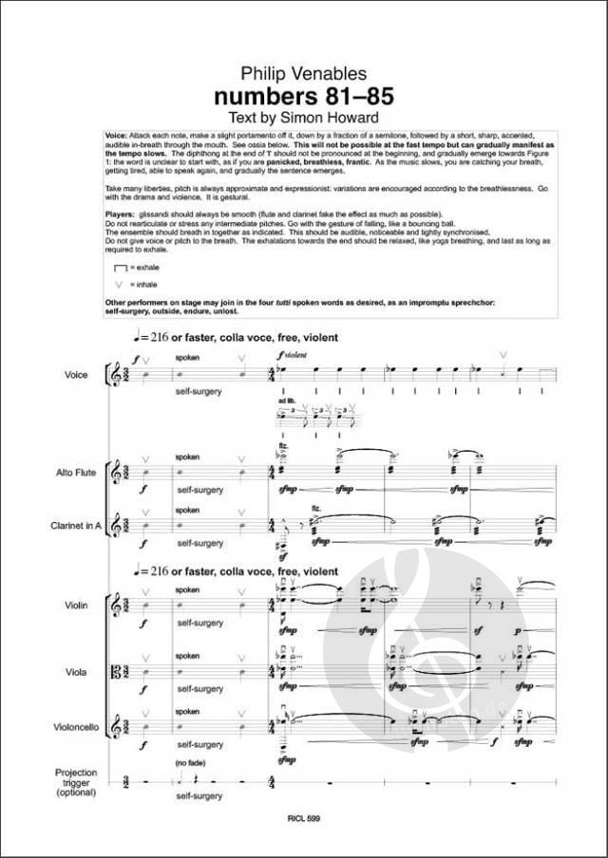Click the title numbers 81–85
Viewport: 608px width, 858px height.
[x=303, y=96]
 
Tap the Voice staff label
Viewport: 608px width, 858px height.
[x=76, y=375]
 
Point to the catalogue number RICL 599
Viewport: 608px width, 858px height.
[x=305, y=831]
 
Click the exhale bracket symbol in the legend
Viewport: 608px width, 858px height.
[x=120, y=269]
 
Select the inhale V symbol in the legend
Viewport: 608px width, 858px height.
[x=120, y=284]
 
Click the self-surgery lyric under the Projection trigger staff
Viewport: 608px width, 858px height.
[x=199, y=800]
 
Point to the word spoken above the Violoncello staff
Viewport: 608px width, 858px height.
[x=187, y=709]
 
